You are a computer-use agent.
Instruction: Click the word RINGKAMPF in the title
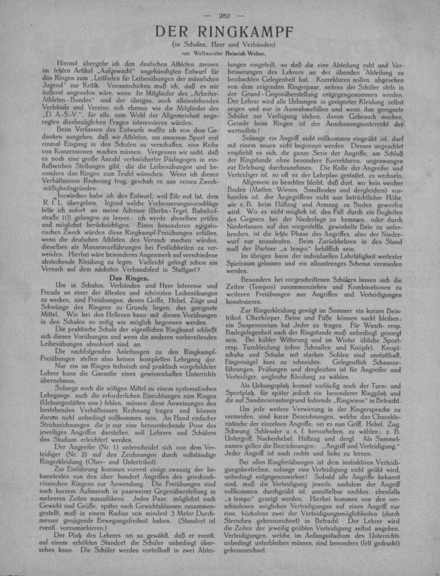point(248,32)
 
